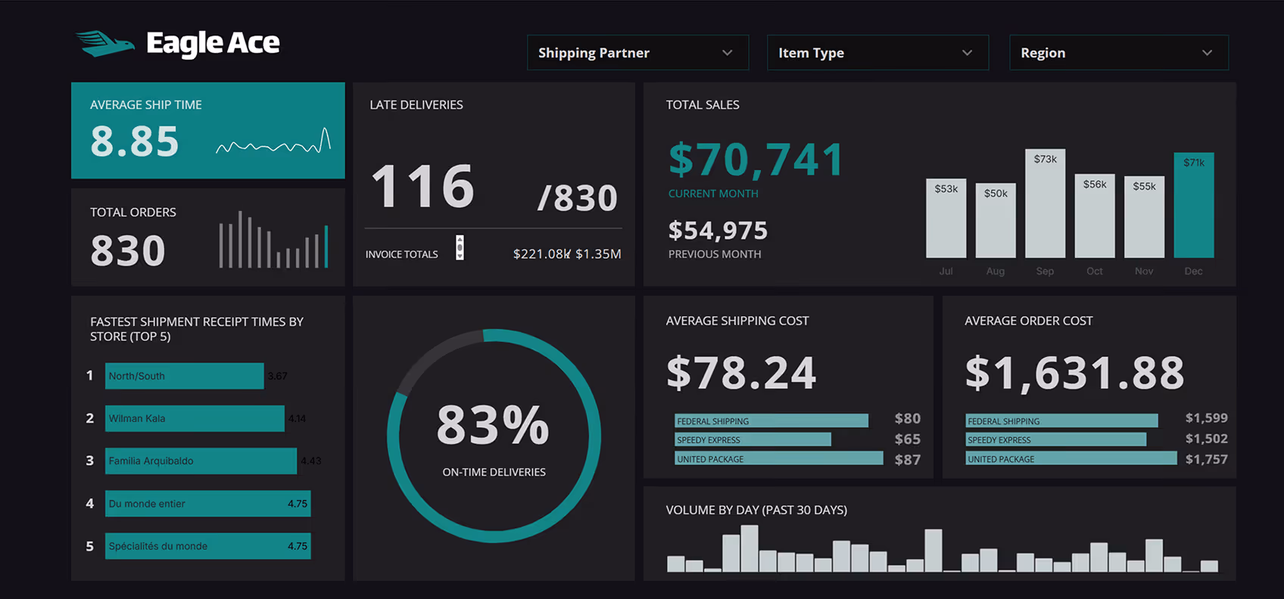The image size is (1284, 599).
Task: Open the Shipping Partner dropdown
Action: [637, 53]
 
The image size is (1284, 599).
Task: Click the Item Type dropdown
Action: [877, 53]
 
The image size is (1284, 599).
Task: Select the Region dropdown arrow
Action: [1207, 53]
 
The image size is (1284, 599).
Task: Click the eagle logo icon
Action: [104, 43]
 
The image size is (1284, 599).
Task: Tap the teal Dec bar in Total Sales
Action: [1193, 206]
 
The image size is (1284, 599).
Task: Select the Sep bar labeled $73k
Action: [1045, 204]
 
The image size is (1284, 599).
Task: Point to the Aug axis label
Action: [996, 271]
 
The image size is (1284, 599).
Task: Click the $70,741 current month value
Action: [756, 160]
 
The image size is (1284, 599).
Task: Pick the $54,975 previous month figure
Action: [718, 230]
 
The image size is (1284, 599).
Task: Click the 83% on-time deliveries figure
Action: [493, 425]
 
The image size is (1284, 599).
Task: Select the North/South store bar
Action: [184, 376]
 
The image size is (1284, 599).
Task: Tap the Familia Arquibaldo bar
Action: [201, 461]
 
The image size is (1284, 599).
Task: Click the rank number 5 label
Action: [90, 546]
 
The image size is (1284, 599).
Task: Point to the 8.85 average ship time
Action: [135, 141]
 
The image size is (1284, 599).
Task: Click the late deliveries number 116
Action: [422, 187]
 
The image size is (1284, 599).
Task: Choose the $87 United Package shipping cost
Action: [907, 459]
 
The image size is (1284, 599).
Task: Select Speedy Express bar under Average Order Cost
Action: [1055, 439]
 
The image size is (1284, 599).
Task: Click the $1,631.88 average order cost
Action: [1074, 373]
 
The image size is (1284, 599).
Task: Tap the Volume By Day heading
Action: [756, 510]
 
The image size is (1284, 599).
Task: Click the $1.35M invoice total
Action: [598, 254]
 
